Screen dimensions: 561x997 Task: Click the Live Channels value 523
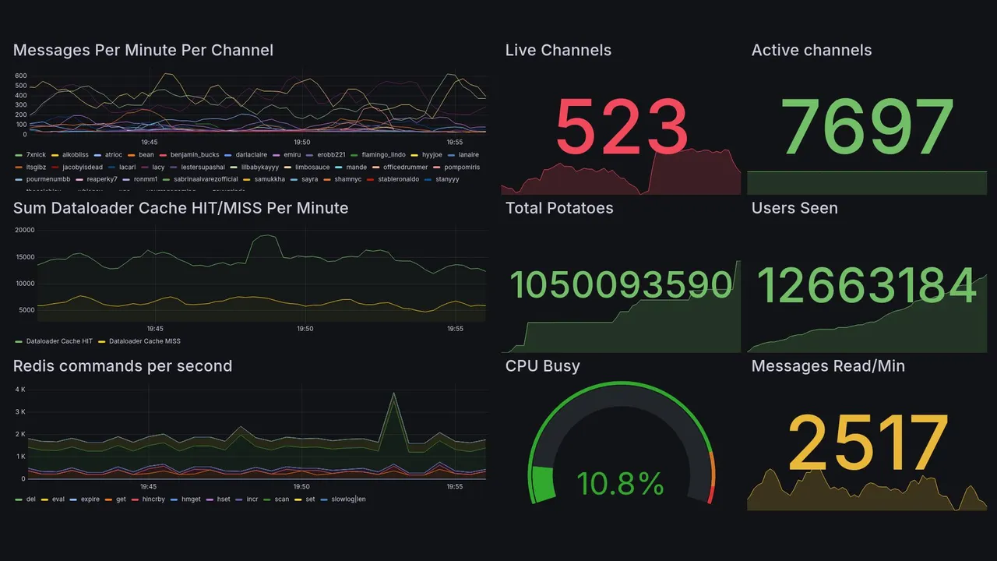click(622, 127)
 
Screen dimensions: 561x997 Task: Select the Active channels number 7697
click(868, 127)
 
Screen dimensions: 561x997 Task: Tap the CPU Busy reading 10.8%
click(620, 484)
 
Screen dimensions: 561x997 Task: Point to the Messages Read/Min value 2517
click(868, 443)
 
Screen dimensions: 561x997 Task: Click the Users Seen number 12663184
click(866, 285)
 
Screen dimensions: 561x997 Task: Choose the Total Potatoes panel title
click(558, 208)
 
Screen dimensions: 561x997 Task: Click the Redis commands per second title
click(122, 366)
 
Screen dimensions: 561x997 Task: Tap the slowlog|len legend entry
click(348, 499)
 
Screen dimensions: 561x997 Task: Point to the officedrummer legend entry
click(405, 167)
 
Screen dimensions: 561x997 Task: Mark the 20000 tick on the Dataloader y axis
click(24, 230)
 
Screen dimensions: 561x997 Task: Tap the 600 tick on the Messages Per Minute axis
click(20, 76)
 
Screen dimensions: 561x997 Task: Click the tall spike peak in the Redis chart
click(394, 393)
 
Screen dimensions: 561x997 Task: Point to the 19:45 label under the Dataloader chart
click(155, 329)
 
